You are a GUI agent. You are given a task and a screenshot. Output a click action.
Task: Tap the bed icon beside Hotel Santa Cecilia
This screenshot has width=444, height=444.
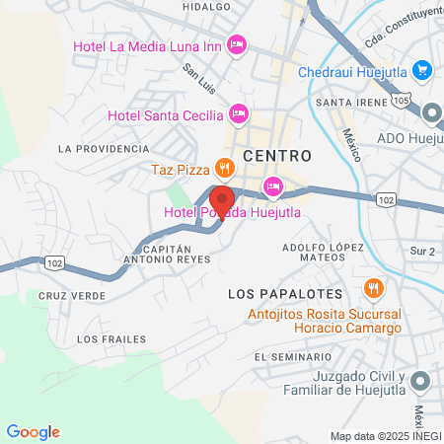237,111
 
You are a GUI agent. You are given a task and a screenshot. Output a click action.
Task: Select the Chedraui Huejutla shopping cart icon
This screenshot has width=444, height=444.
421,69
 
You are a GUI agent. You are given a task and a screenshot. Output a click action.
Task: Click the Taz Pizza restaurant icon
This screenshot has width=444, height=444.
225,167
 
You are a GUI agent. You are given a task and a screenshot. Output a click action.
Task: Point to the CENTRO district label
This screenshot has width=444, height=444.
276,156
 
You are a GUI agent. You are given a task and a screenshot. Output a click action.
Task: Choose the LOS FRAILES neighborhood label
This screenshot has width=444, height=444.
103,338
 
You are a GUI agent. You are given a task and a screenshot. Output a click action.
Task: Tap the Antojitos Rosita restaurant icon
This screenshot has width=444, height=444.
372,289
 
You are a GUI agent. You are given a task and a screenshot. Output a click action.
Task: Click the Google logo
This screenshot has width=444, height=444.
33,431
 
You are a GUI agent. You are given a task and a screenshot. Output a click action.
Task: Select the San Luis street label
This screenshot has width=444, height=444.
200,77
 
